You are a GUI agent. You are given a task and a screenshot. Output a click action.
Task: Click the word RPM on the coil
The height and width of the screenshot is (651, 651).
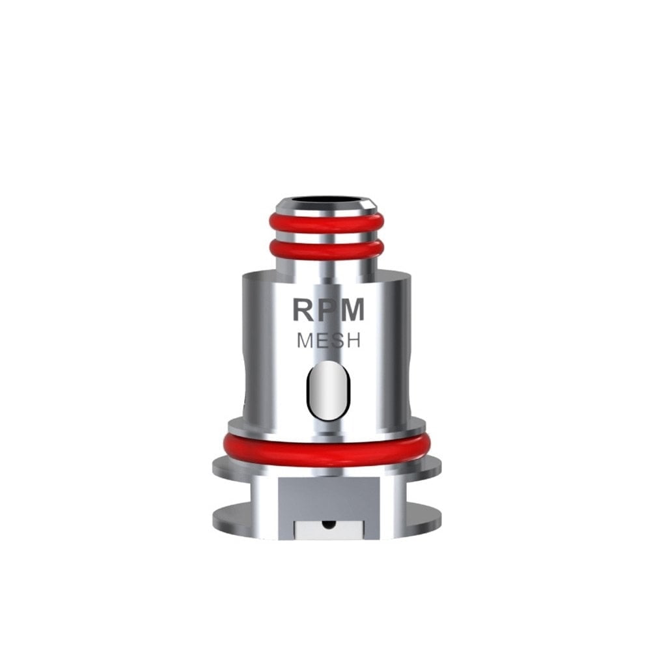[327, 310]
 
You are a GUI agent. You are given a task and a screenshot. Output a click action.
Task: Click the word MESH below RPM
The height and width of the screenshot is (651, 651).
[328, 340]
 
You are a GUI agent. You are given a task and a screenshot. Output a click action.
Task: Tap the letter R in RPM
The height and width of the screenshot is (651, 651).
[305, 310]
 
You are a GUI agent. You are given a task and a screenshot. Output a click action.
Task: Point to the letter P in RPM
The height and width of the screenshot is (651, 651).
[328, 310]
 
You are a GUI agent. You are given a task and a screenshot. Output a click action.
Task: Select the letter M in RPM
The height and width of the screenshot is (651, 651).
[353, 310]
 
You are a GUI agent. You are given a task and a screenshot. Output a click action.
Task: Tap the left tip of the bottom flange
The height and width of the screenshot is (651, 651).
[215, 515]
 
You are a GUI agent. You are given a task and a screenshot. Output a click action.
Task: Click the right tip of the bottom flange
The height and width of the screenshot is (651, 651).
[440, 515]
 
